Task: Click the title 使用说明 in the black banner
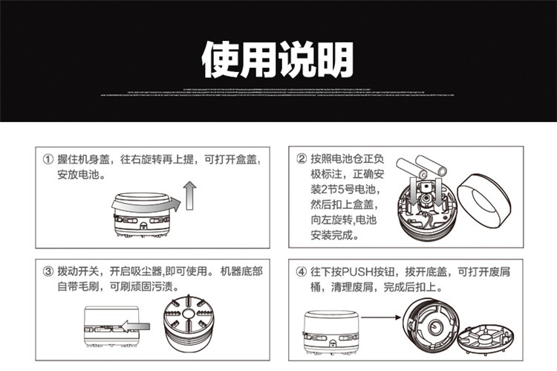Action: tap(278, 59)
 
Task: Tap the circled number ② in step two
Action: tap(302, 160)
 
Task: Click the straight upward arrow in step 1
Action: tap(189, 196)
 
